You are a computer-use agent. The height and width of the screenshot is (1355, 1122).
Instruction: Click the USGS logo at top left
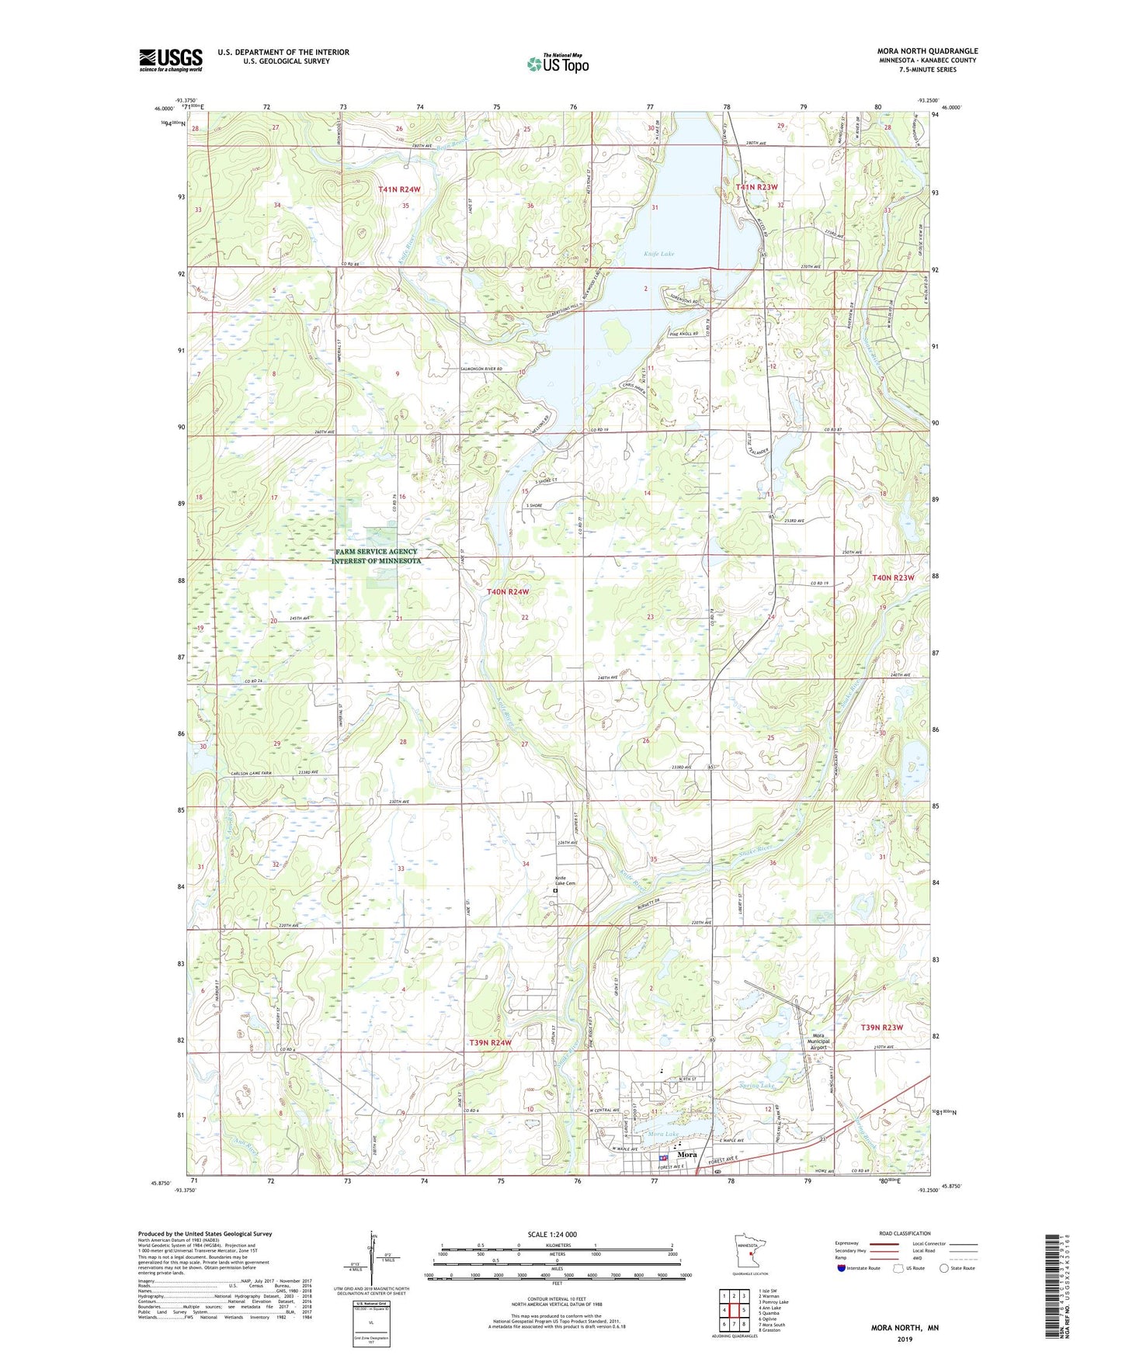point(171,60)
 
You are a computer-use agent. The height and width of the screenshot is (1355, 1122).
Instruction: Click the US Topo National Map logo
point(558,64)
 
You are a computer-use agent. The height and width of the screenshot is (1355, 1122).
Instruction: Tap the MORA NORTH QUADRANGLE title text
point(928,51)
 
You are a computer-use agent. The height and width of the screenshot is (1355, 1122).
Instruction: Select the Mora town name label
point(686,1154)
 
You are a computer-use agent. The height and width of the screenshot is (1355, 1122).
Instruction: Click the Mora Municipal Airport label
point(820,1041)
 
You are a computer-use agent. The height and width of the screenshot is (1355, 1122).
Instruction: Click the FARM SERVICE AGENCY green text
point(377,552)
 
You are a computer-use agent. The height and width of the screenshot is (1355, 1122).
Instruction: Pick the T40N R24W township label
point(508,591)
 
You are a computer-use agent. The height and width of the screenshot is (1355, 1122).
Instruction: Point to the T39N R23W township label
point(882,1027)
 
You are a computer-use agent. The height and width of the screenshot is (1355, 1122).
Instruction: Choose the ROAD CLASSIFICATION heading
point(905,1233)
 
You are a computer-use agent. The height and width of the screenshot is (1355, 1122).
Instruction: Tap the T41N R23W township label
point(756,187)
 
